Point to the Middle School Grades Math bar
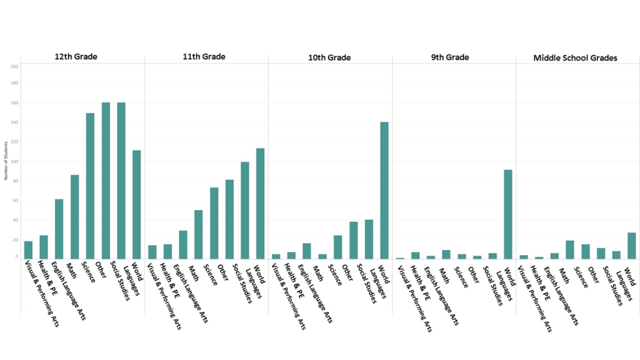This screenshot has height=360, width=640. [x=570, y=249]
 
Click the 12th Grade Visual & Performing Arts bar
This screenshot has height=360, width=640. [x=28, y=249]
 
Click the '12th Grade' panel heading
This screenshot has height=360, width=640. [x=76, y=57]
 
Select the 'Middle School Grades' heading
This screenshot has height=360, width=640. [x=575, y=57]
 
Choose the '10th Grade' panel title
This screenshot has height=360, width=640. [x=329, y=57]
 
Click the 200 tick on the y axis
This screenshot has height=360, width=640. [x=14, y=66]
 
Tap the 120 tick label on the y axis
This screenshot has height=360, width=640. [x=14, y=142]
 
